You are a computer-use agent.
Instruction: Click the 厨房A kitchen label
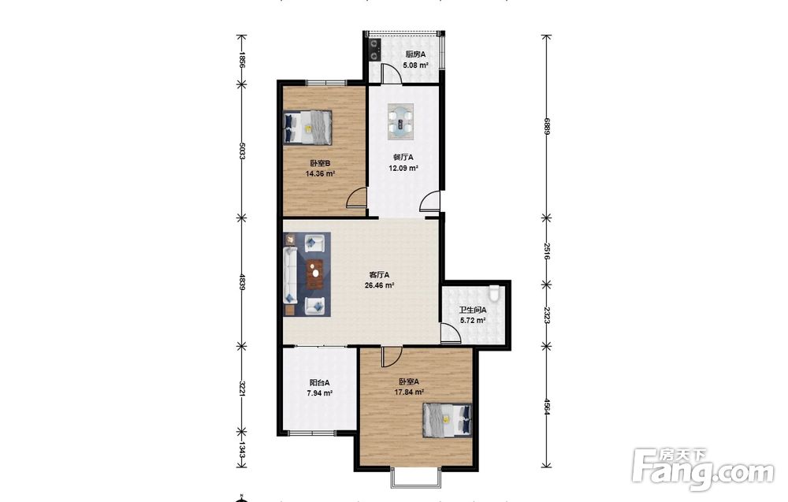pos(415,54)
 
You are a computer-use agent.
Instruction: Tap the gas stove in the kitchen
pos(375,49)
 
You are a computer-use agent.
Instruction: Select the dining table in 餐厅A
pos(400,121)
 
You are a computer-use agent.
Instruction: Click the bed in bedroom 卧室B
pos(307,127)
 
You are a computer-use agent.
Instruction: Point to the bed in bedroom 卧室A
pos(448,419)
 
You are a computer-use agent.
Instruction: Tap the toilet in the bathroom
pos(495,293)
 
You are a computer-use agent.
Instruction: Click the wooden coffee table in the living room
pos(315,274)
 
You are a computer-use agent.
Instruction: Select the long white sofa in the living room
pos(291,274)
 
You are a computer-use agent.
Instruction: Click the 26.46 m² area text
pos(379,285)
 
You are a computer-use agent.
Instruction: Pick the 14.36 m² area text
pos(320,173)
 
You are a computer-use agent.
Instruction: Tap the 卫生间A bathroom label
pos(473,310)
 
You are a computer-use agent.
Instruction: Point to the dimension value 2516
pos(548,251)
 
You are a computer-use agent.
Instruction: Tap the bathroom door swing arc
pos(450,333)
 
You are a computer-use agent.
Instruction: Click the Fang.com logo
pos(704,469)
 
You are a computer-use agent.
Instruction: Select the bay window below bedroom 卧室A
pos(416,478)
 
